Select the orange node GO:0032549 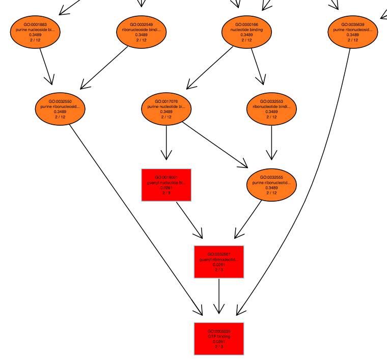pyautogui.click(x=141, y=32)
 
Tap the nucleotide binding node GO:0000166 pyautogui.click(x=246, y=32)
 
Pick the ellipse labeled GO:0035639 pyautogui.click(x=353, y=32)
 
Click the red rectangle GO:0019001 pyautogui.click(x=166, y=185)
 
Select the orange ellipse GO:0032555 pyautogui.click(x=271, y=185)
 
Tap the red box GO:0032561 pyautogui.click(x=219, y=262)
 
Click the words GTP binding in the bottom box pyautogui.click(x=219, y=337)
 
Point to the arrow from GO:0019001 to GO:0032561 pyautogui.click(x=189, y=219)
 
